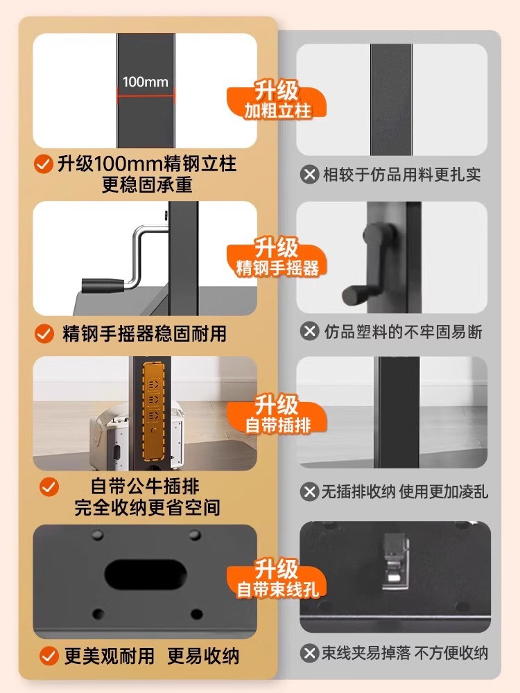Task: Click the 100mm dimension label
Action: coord(146,82)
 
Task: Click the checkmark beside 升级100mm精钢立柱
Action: coord(44,165)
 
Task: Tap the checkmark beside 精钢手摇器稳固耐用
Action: coord(44,333)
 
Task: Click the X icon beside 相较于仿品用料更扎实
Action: coord(309,175)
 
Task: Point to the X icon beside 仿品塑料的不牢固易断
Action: coord(309,331)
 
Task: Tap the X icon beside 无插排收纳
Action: coord(309,491)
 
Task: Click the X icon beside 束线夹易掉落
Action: coord(309,653)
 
